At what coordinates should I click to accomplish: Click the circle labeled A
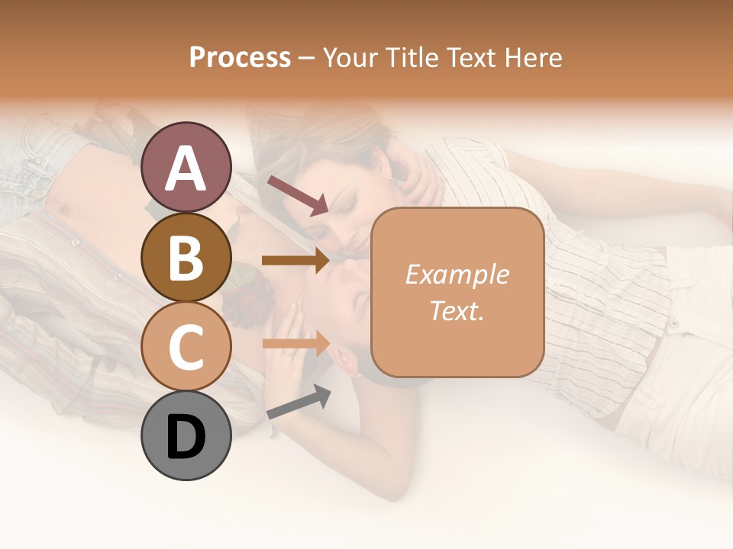(x=186, y=167)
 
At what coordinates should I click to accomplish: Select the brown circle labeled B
(x=186, y=257)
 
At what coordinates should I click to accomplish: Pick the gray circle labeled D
(x=186, y=435)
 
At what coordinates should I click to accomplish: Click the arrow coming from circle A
(x=298, y=195)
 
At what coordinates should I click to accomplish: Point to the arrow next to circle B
(x=295, y=261)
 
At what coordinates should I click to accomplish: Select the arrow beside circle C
(x=295, y=344)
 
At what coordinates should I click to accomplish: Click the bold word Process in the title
(x=240, y=58)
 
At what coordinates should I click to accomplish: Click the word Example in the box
(x=457, y=274)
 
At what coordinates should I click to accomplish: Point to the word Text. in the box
(x=457, y=310)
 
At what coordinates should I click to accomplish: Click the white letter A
(x=186, y=168)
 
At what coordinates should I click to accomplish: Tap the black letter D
(x=186, y=437)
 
